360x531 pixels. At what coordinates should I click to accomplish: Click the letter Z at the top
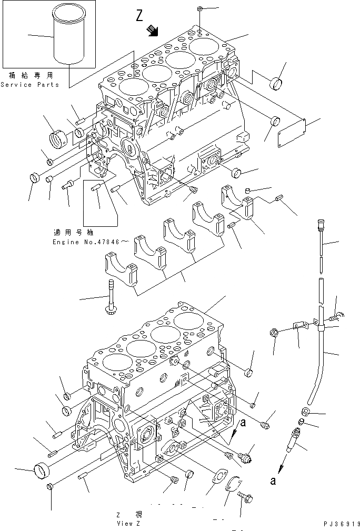pos(139,16)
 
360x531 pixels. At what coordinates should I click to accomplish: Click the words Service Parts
pos(30,85)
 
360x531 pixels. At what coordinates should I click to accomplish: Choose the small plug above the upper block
pos(201,9)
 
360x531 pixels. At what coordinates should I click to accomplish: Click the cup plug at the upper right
pos(276,82)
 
